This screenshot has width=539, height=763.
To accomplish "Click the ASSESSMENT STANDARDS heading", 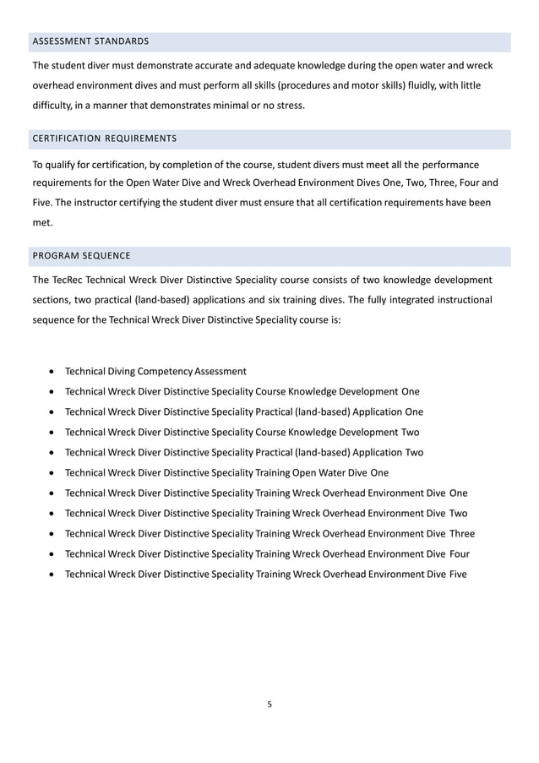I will point(90,41).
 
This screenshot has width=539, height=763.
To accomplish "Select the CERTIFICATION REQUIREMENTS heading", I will point(104,139).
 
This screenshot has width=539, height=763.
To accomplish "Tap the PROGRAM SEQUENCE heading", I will point(81,255).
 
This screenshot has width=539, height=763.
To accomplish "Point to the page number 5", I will point(269,703).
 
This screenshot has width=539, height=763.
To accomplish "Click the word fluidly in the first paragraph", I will point(423,85).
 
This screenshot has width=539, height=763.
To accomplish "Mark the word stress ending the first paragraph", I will point(288,106).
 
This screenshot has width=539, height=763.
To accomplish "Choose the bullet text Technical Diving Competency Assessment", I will point(155,371).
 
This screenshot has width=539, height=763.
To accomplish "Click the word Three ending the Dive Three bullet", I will point(462,533).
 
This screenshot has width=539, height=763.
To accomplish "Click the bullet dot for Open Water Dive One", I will point(54,473).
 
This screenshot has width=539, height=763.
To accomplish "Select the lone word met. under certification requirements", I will point(41,223).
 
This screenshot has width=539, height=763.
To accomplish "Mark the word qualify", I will point(63,163).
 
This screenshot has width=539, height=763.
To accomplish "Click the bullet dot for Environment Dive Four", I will point(54,554).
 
